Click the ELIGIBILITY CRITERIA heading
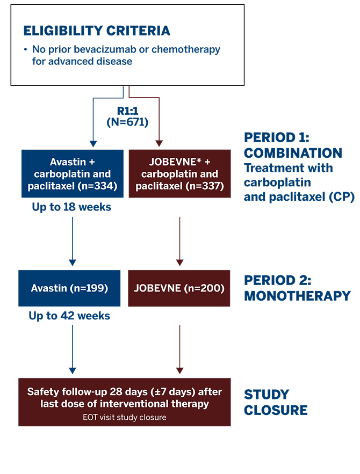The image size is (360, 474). pos(97,30)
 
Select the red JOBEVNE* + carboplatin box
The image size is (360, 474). pos(179,174)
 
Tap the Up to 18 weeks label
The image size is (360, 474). pos(71,207)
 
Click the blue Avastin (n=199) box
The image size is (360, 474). pos(70,288)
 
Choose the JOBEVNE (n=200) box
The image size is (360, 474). pos(179,288)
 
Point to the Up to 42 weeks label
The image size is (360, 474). pos(69,316)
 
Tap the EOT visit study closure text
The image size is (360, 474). pos(125,417)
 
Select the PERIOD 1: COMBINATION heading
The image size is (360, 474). pos(293,144)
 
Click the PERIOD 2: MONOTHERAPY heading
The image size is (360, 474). pos(297,288)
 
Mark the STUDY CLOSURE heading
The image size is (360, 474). pos(276,403)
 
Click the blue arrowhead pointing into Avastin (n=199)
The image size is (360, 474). pos(73,262)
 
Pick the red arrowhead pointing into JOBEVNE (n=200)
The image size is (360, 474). pos(180,262)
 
